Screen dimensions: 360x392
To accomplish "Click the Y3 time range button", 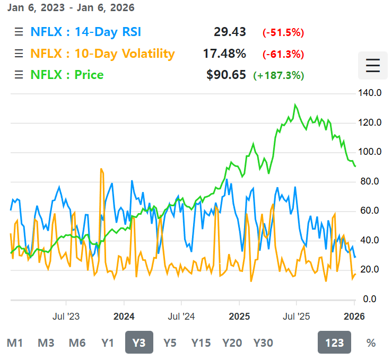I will tap(139, 343).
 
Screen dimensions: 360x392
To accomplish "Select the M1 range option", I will tap(15, 343).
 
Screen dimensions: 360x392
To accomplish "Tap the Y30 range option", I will tap(263, 343).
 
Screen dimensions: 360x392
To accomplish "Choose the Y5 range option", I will tap(170, 343).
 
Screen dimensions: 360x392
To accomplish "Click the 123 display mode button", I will tap(335, 343).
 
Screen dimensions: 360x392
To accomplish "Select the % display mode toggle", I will tap(371, 343).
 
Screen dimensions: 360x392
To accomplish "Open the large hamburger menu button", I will tap(373, 66).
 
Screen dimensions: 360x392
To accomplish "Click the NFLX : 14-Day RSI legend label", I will tap(85, 32).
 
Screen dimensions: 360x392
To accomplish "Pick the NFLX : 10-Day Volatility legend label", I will tap(102, 54).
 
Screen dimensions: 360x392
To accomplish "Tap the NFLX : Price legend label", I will tap(67, 75).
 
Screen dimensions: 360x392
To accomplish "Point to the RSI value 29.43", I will tap(230, 32).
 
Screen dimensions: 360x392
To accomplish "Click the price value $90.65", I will tap(226, 75).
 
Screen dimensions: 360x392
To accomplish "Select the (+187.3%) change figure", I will tap(278, 75).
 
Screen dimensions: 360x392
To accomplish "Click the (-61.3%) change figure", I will tap(283, 54).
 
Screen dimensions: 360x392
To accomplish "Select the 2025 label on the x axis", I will tap(239, 317).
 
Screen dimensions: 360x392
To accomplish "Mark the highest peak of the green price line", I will tap(295, 104).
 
